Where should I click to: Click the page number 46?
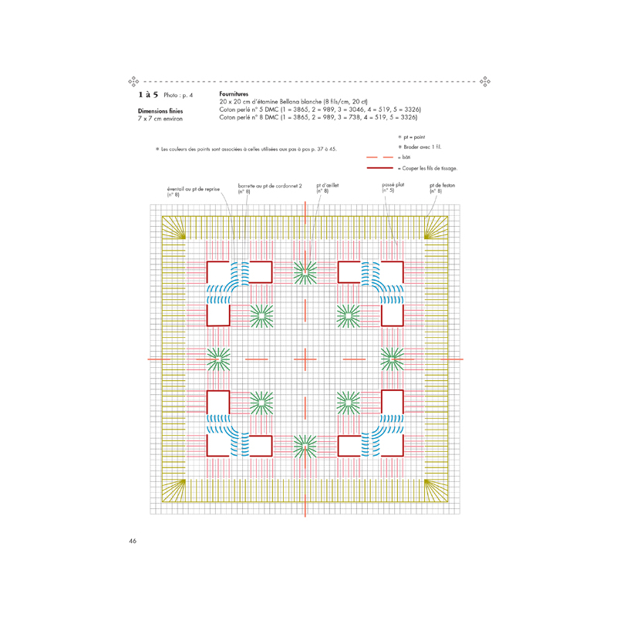pos(133,541)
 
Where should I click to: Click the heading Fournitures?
pos(234,94)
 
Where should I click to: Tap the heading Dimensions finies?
pos(160,111)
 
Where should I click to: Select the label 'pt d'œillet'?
pos(327,185)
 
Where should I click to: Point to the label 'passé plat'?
pos(393,184)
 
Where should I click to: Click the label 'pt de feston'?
pos(442,185)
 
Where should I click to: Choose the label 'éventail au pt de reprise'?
pos(194,189)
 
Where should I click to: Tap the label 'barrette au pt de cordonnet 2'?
pos(270,186)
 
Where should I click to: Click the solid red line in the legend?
pos(379,168)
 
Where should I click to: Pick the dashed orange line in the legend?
pos(379,157)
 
